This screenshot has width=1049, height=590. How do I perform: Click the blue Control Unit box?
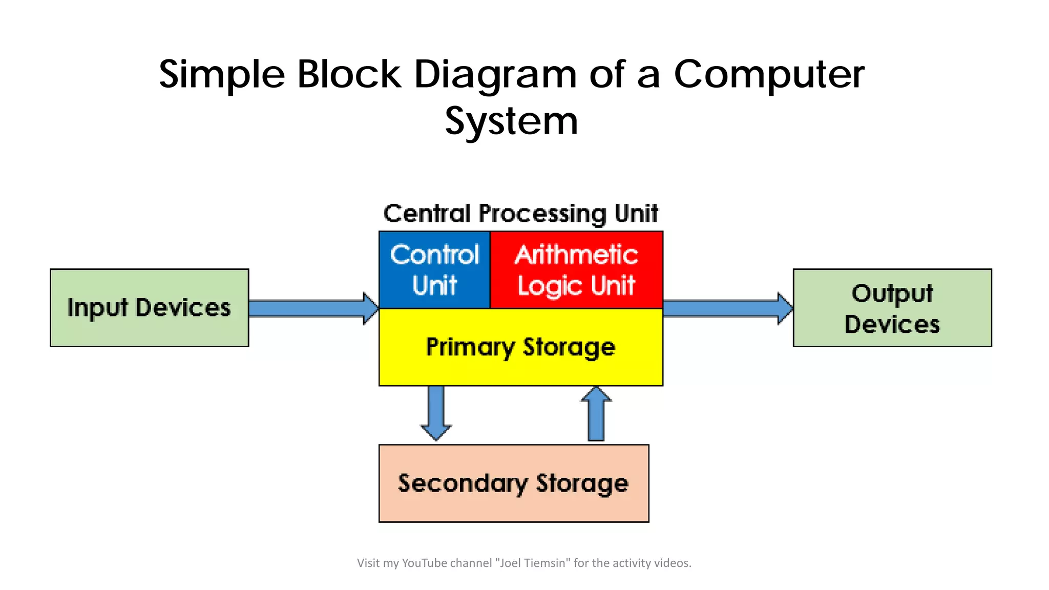tap(434, 270)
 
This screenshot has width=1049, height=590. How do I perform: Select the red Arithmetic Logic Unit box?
tap(576, 270)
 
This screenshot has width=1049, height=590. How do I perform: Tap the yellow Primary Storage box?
tap(520, 347)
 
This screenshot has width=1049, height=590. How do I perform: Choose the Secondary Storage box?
tap(513, 483)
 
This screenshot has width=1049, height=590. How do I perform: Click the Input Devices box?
tap(149, 308)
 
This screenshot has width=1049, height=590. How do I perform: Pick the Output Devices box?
tap(892, 308)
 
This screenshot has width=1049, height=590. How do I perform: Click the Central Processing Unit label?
tap(520, 214)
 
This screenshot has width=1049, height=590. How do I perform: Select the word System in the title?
tap(511, 121)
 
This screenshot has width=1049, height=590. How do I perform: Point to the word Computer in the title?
tap(769, 75)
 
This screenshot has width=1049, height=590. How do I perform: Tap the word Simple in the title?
tap(222, 75)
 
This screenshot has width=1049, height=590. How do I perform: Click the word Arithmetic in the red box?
tap(576, 255)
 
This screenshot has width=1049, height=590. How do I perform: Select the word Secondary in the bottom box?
tap(463, 483)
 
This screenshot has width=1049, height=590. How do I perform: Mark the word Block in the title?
tap(349, 75)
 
